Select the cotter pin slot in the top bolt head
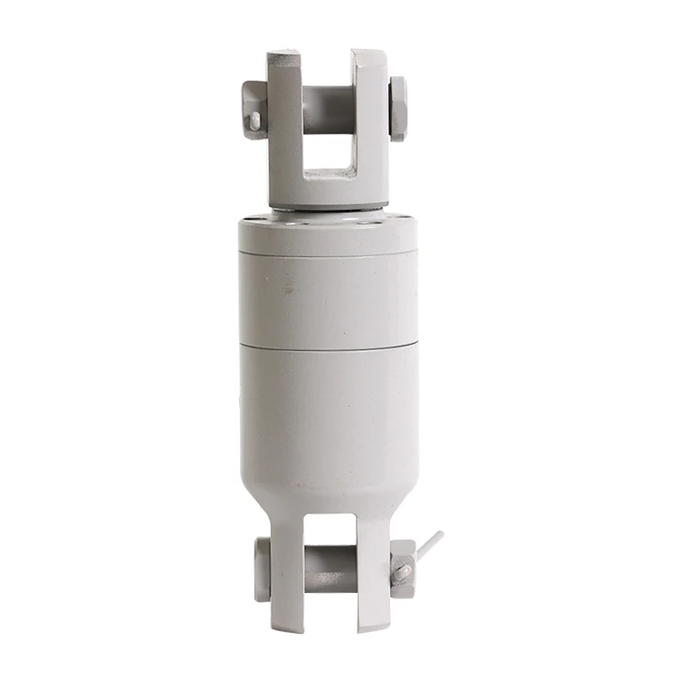(x=255, y=119)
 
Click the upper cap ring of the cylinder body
(x=329, y=238)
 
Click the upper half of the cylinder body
(x=329, y=299)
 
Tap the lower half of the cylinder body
(x=329, y=416)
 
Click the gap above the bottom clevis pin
(x=330, y=530)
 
